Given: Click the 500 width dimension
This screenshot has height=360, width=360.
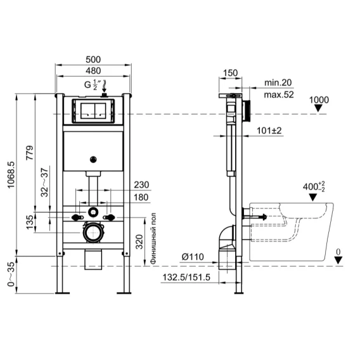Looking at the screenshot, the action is (x=93, y=60).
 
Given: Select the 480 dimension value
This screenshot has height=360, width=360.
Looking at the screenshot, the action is (x=93, y=71).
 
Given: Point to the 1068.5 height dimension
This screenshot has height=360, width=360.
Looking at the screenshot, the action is (x=11, y=175).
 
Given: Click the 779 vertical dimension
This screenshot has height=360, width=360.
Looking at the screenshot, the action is (x=30, y=153).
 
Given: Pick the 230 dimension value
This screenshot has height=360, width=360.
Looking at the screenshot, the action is (x=141, y=185).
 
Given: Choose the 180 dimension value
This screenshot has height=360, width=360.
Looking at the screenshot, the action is (x=141, y=197).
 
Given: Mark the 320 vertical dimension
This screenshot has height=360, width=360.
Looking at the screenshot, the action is (x=139, y=241).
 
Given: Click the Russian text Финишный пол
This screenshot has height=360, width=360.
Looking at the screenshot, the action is (x=153, y=238).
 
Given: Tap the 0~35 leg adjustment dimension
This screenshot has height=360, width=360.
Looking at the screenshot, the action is (x=11, y=274).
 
